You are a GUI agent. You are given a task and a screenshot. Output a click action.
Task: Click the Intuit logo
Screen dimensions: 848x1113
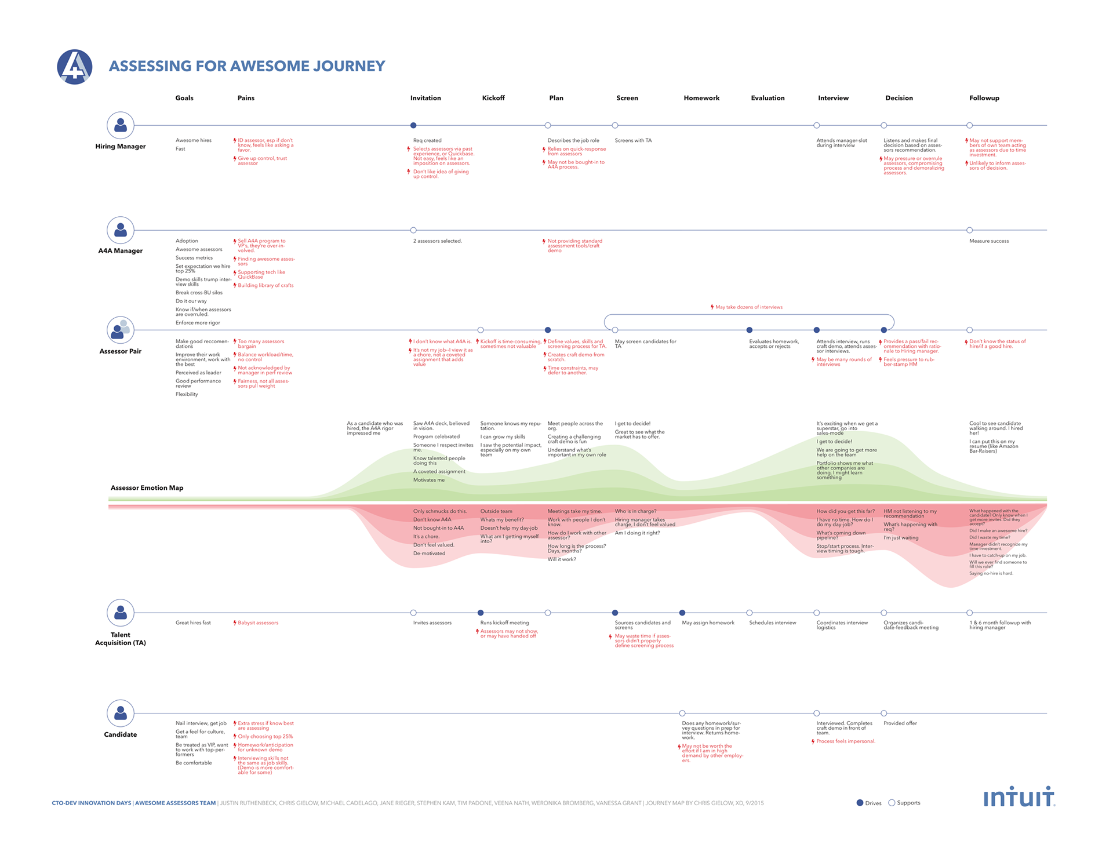click(1019, 798)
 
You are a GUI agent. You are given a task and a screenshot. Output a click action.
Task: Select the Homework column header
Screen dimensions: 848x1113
click(701, 98)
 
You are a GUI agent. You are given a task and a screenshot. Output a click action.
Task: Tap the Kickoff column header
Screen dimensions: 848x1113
click(493, 98)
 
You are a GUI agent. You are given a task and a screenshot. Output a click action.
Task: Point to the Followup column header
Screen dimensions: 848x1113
click(984, 98)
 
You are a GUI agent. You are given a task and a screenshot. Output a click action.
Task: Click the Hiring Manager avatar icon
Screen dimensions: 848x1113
click(121, 125)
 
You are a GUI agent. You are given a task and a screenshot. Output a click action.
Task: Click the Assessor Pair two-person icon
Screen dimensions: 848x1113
click(121, 330)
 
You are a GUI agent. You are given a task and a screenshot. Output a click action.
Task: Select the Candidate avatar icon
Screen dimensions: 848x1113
click(121, 713)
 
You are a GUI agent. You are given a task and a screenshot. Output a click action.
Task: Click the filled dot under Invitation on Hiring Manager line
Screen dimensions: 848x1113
click(413, 125)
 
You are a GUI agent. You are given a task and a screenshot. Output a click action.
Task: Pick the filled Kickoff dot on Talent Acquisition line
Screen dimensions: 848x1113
click(481, 613)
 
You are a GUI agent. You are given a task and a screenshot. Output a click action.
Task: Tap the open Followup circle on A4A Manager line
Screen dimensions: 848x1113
click(969, 230)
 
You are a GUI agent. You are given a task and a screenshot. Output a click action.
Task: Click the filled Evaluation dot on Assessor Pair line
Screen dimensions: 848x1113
click(750, 330)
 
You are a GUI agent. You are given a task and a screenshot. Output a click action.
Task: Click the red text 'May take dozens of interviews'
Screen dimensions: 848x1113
click(748, 307)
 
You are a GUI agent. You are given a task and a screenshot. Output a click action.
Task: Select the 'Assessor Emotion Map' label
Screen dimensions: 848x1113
click(147, 488)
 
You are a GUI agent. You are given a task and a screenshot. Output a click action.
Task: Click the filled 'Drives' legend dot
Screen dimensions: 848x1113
click(860, 803)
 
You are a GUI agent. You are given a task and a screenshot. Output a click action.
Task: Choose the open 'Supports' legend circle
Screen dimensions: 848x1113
click(892, 803)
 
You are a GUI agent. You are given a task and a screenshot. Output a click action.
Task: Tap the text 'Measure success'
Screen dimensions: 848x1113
click(988, 241)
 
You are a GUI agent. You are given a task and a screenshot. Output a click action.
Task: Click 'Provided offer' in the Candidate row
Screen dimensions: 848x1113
click(900, 723)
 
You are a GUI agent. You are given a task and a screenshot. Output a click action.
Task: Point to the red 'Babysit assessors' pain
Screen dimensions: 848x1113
click(257, 623)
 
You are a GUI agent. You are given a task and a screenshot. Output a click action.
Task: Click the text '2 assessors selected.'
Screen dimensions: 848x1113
click(437, 241)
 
